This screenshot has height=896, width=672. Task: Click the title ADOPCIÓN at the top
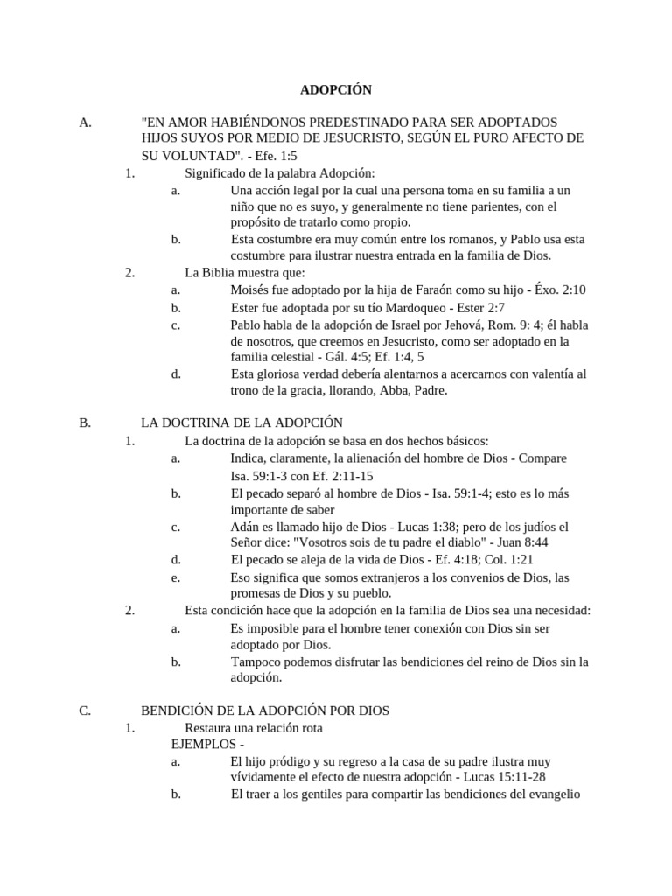336,90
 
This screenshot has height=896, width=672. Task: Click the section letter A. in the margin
85,122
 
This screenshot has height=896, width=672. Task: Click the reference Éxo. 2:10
560,290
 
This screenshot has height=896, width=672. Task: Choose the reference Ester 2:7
478,308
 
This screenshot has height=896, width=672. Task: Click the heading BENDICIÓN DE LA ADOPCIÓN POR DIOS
265,710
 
